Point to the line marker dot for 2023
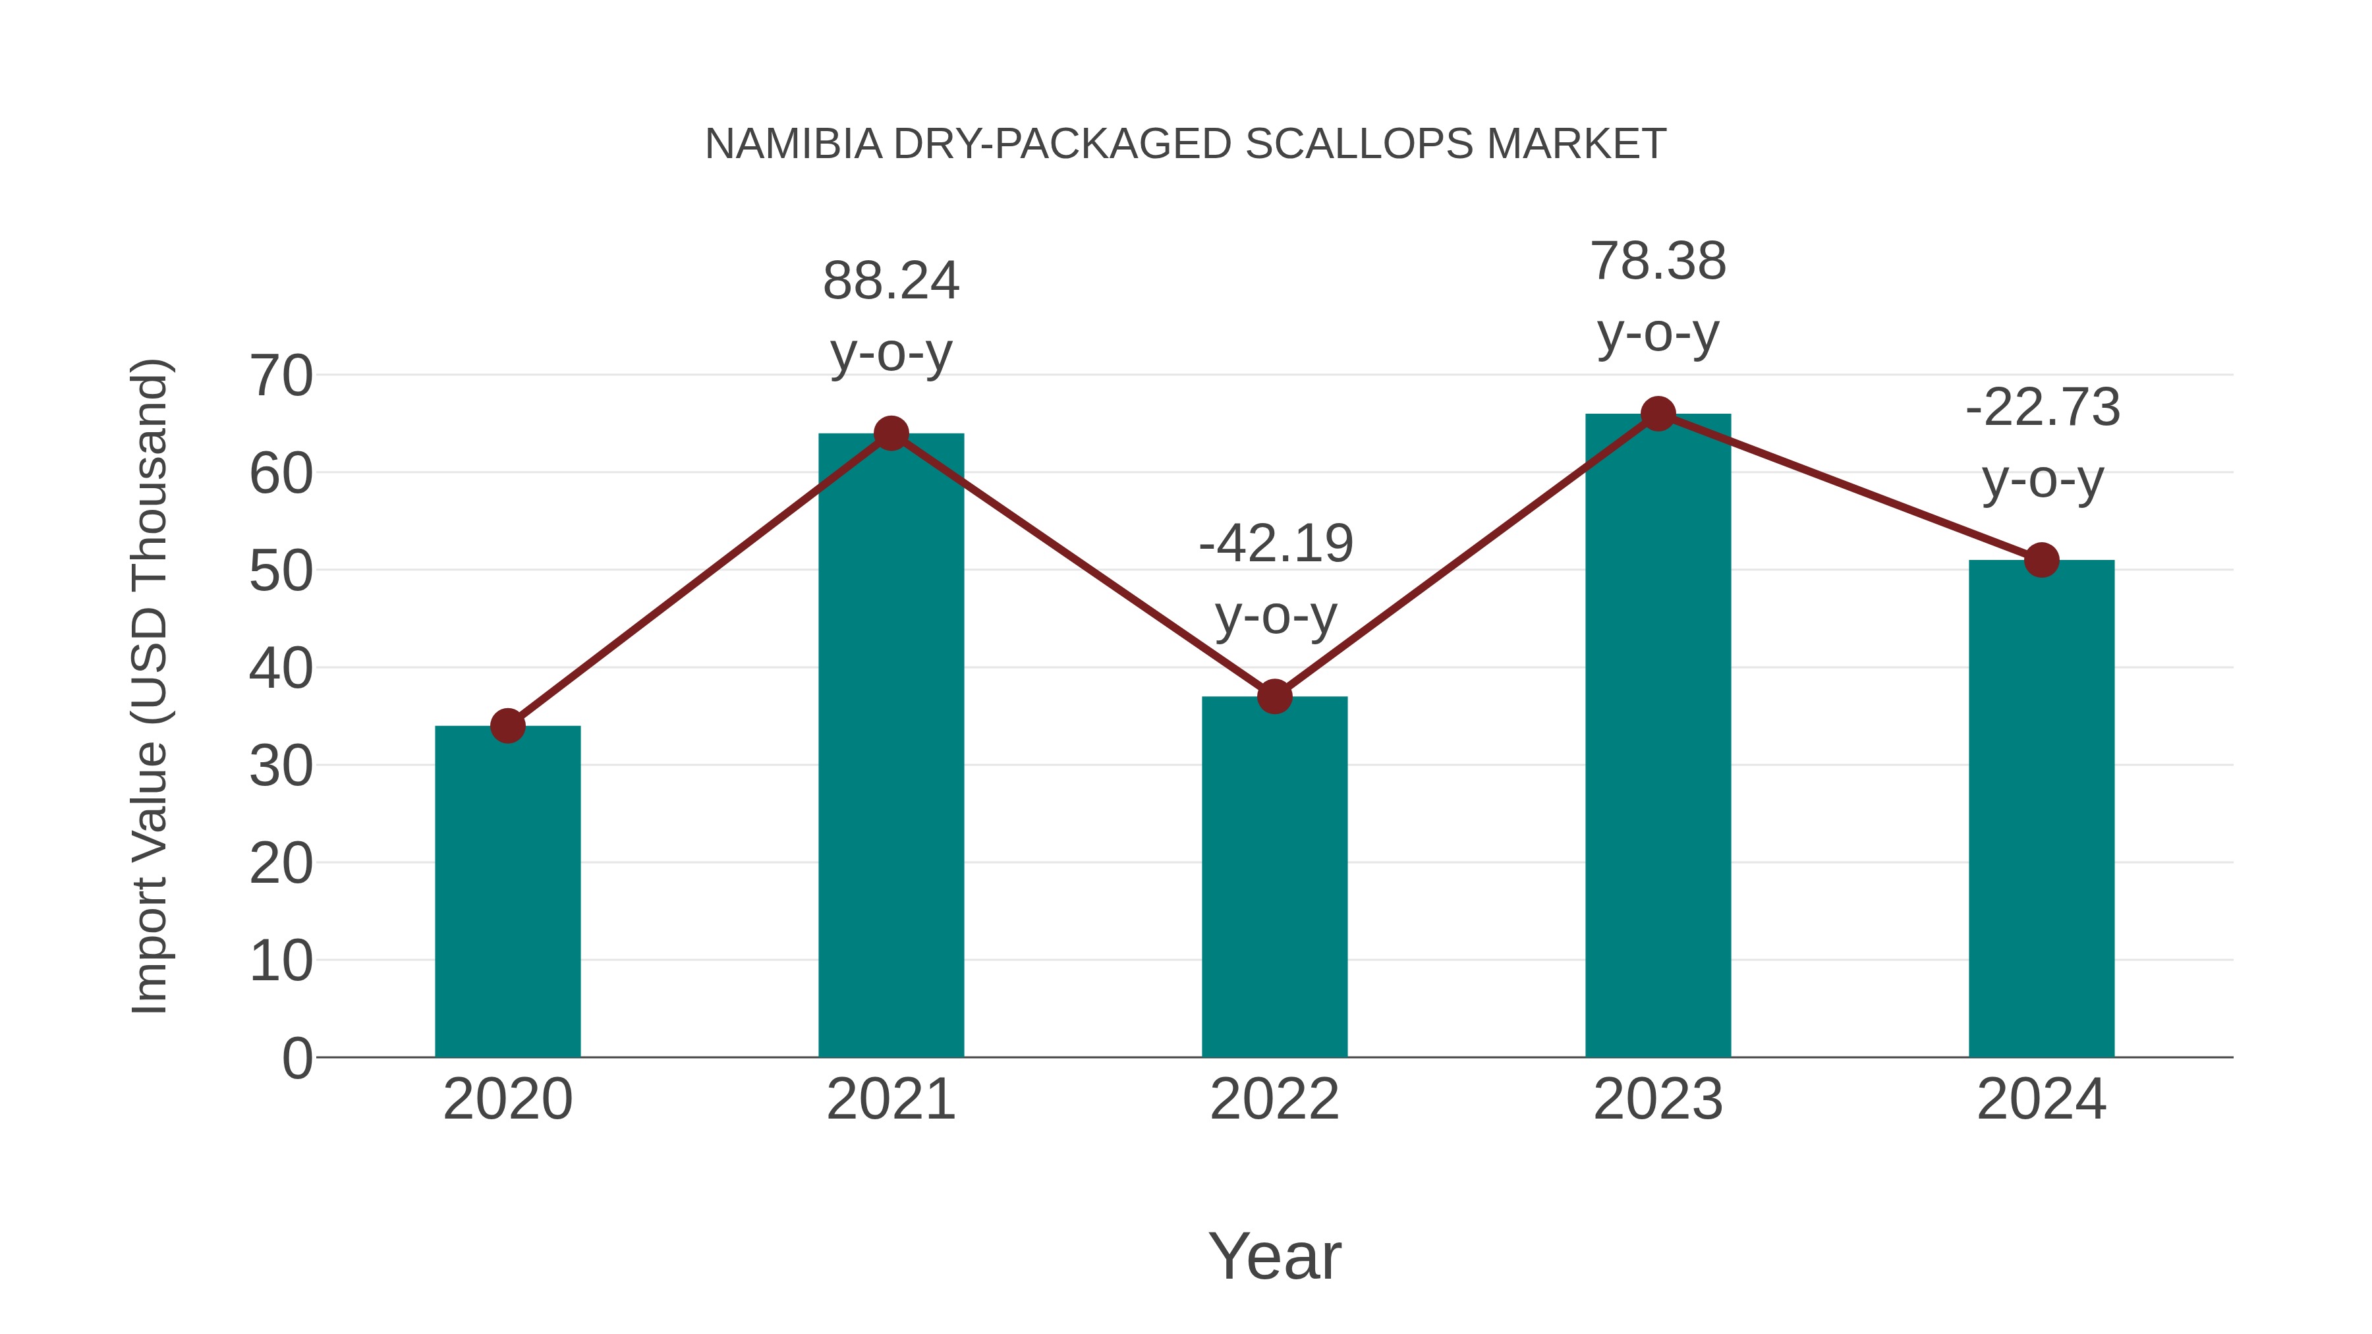1658,414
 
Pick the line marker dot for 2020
507,727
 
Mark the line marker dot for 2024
2041,560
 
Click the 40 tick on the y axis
281,669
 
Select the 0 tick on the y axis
296,1058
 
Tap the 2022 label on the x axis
1274,1099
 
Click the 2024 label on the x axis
2041,1099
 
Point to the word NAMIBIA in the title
793,144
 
